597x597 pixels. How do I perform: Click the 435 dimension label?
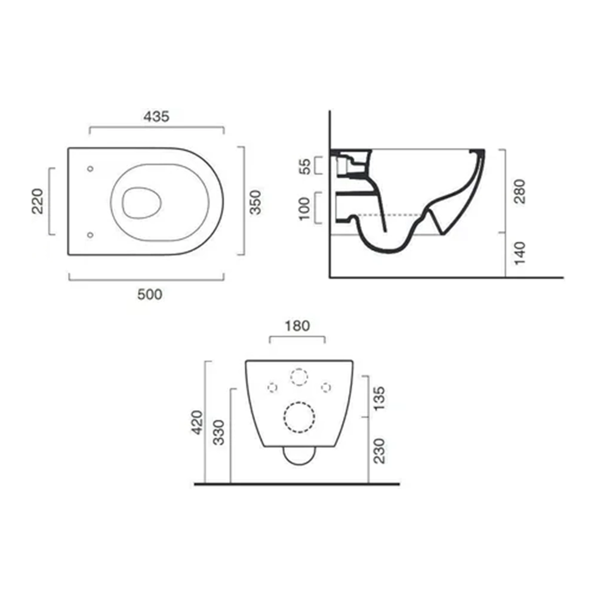tap(156, 116)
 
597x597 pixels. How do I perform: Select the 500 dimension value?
tap(150, 294)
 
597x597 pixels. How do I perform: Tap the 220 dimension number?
tap(38, 201)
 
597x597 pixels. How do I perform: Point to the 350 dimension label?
tap(255, 202)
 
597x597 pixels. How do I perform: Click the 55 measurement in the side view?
tap(305, 166)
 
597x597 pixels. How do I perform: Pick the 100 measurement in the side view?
tap(304, 208)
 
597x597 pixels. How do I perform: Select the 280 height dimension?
tap(519, 191)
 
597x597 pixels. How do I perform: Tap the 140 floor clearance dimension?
tap(519, 253)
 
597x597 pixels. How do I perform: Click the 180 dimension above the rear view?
tap(297, 326)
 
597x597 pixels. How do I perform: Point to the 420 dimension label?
tap(197, 422)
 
